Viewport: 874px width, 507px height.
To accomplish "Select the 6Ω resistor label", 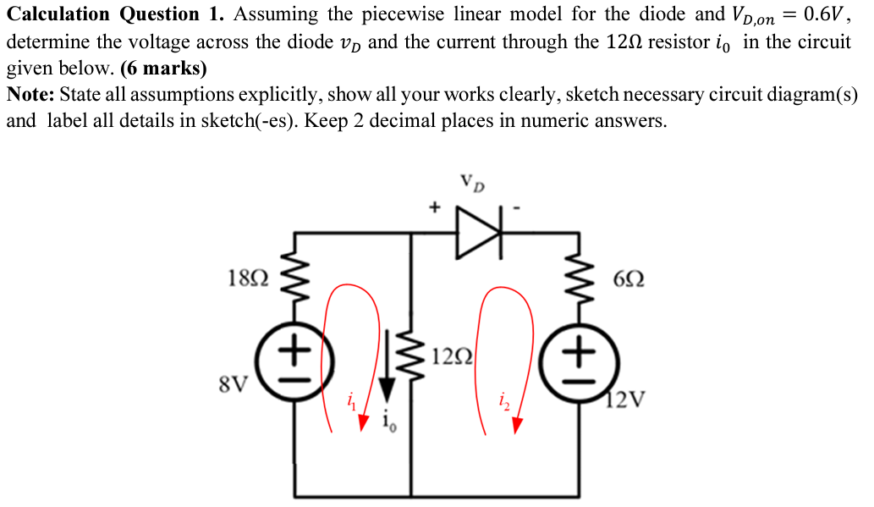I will tap(629, 278).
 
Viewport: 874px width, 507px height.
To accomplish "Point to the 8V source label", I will tap(234, 385).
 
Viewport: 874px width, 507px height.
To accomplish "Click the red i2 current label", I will tap(503, 400).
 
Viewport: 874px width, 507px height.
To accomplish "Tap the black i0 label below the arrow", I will tap(388, 421).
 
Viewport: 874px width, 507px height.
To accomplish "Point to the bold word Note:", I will tap(30, 96).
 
